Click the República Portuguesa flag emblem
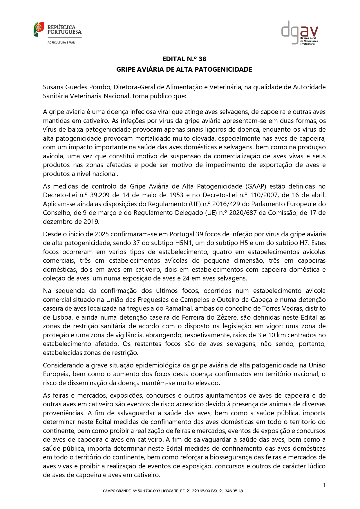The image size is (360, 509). pyautogui.click(x=39, y=29)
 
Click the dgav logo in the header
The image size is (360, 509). pyautogui.click(x=299, y=32)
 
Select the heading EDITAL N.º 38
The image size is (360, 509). pyautogui.click(x=184, y=59)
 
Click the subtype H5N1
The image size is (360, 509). pyautogui.click(x=167, y=243)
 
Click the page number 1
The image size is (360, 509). pyautogui.click(x=324, y=486)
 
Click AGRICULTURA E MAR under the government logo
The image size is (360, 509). pyautogui.click(x=61, y=43)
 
